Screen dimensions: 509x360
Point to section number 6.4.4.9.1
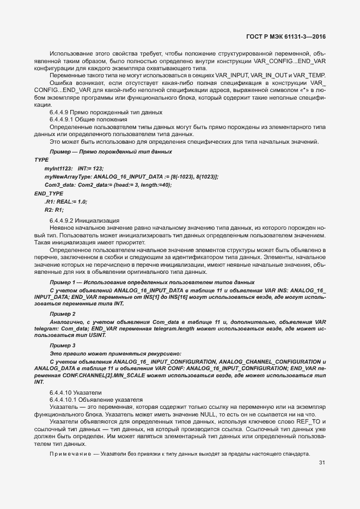[x=64, y=119]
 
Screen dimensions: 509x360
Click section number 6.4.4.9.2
[x=64, y=220]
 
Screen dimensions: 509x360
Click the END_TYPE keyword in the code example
[x=48, y=193]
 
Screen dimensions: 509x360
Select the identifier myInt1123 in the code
[x=58, y=169]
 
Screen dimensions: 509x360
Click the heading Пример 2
[x=62, y=315]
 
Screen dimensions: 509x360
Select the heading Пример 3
[x=62, y=345]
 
